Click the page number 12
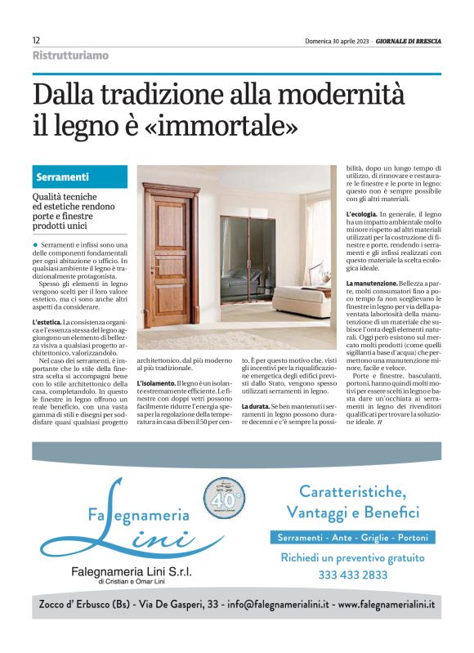(37, 40)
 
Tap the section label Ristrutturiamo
(70, 56)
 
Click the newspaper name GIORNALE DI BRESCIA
(406, 41)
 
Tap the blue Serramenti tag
(63, 177)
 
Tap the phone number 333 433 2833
(353, 575)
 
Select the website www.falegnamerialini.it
(386, 606)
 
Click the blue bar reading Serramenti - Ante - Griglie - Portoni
(353, 538)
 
